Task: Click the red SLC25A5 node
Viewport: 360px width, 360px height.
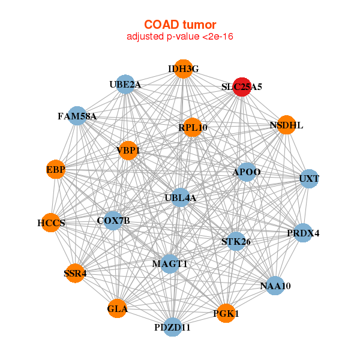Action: pos(242,86)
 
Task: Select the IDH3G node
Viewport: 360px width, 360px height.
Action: pos(184,69)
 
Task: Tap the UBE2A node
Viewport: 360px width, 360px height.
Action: pos(125,85)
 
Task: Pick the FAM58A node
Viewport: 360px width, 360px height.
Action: pos(77,116)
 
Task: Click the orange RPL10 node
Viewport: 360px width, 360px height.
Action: pos(192,127)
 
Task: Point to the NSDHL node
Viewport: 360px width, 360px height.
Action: pos(287,125)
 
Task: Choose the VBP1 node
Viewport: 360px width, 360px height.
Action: pos(128,150)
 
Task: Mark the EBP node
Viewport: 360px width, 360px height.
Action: pos(56,170)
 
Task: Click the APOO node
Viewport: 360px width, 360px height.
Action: pos(247,172)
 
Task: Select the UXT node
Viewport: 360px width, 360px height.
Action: pos(308,179)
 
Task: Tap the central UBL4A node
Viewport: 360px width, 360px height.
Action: pos(181,197)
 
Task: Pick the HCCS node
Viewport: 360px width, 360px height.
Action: pos(51,223)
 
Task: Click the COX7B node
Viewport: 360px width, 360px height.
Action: pos(113,221)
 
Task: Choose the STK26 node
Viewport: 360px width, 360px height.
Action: pos(236,242)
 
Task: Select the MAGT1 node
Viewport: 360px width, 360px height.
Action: pos(170,263)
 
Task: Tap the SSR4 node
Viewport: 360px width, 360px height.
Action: pos(76,274)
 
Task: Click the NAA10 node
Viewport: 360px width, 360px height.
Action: pos(275,286)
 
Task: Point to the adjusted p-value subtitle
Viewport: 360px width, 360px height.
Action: pos(179,37)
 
